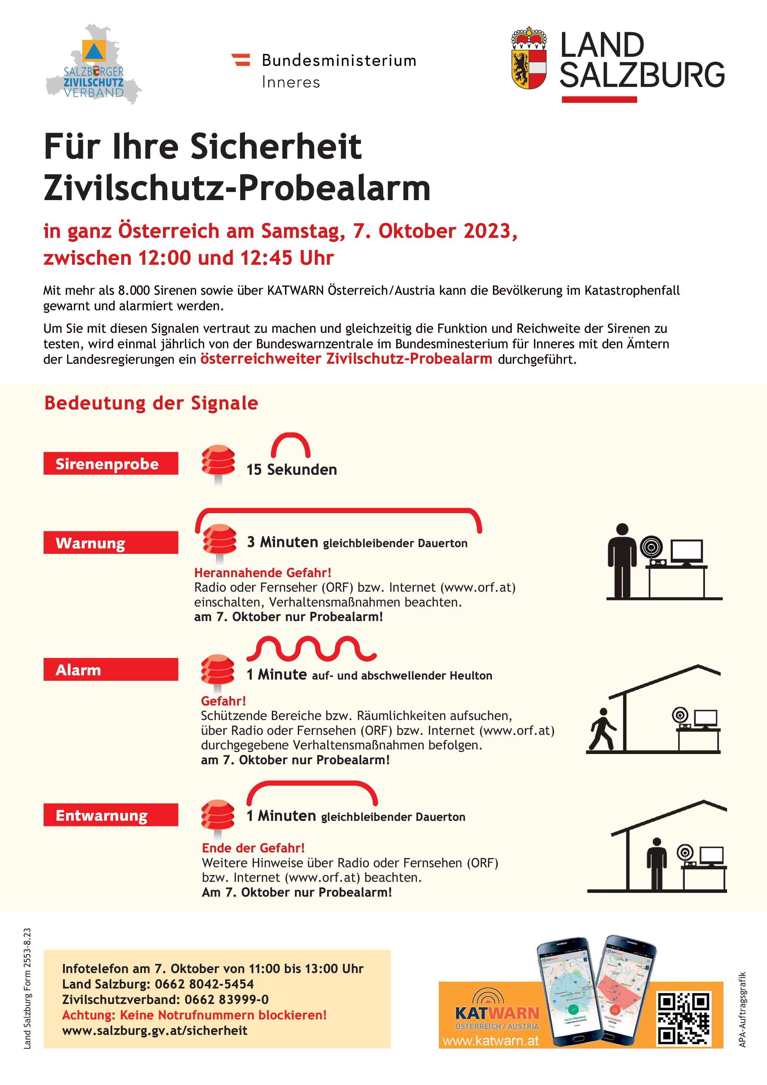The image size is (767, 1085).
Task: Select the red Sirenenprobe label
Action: (x=111, y=464)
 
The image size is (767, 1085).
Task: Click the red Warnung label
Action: (x=111, y=542)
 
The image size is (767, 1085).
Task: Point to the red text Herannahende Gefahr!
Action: (x=263, y=573)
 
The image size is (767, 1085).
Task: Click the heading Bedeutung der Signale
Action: (x=151, y=403)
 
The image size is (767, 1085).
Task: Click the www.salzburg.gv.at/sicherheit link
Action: (x=155, y=1030)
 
